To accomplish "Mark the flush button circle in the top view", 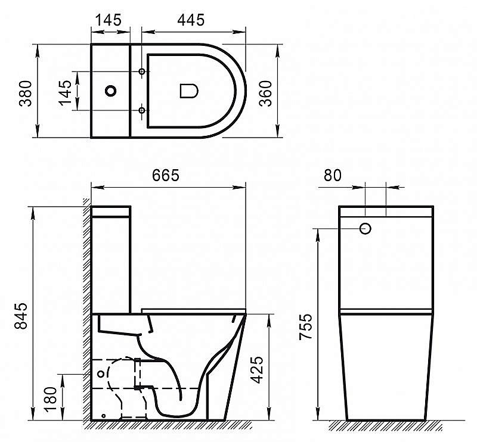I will click(110, 91).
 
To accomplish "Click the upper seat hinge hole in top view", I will click(142, 71).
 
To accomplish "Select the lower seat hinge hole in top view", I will click(142, 110).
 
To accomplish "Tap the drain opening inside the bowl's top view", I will click(188, 91).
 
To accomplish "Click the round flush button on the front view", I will click(366, 228).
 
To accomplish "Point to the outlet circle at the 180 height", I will click(100, 374).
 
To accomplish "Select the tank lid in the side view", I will click(110, 211).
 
